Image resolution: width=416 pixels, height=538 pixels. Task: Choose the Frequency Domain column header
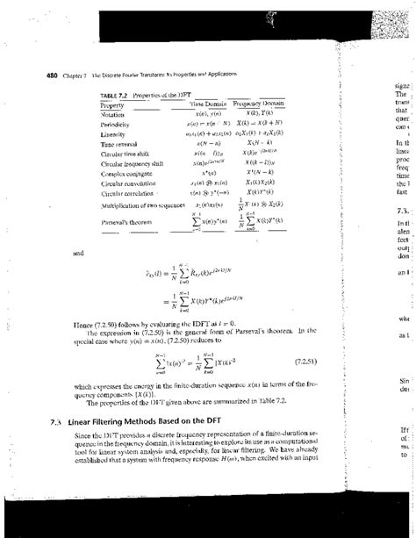[267, 104]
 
